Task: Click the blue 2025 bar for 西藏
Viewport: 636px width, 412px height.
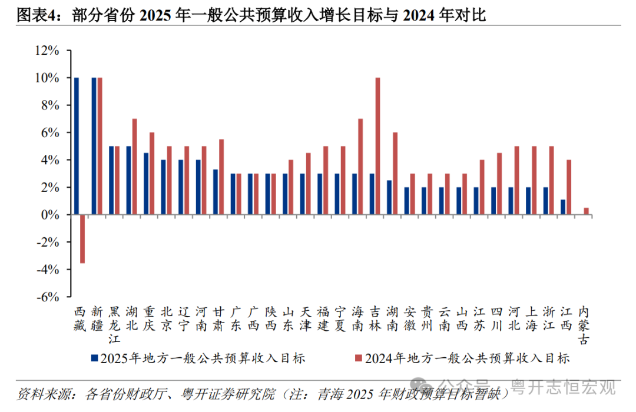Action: pyautogui.click(x=77, y=146)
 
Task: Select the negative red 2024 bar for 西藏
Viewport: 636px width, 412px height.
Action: pyautogui.click(x=82, y=239)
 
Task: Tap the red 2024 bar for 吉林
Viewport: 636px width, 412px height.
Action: pyautogui.click(x=377, y=146)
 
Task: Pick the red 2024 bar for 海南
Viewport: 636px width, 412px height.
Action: pyautogui.click(x=360, y=167)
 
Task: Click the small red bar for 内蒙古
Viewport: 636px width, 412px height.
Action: pyautogui.click(x=586, y=211)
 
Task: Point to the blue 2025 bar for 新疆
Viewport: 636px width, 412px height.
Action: pyautogui.click(x=94, y=146)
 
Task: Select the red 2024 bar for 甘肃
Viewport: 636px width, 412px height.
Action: pyautogui.click(x=221, y=177)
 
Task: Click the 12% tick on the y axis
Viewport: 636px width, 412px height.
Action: pyautogui.click(x=48, y=51)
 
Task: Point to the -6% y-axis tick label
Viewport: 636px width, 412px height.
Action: pyautogui.click(x=48, y=297)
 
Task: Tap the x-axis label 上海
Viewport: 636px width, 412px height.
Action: pyautogui.click(x=531, y=318)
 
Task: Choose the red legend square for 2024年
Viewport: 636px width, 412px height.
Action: pyautogui.click(x=358, y=358)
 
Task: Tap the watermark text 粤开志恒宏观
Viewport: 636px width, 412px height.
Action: pyautogui.click(x=563, y=387)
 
